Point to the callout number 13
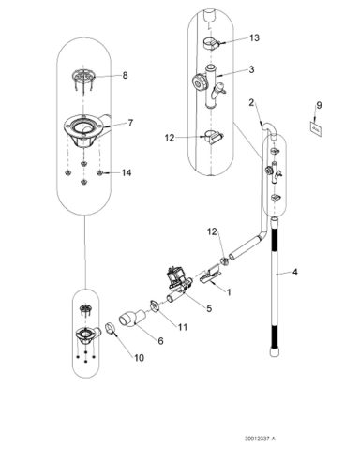pyautogui.click(x=254, y=38)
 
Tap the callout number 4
pyautogui.click(x=294, y=274)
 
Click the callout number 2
pyautogui.click(x=250, y=101)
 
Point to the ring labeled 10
pyautogui.click(x=110, y=328)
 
